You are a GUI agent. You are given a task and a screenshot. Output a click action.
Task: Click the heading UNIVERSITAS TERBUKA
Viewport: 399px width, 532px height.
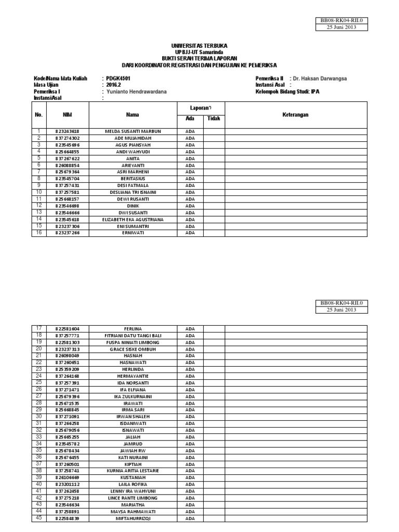(199, 46)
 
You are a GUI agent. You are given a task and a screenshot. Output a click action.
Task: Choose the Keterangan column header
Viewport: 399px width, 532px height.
(296, 115)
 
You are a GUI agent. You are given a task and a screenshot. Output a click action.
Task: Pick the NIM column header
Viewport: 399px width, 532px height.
(68, 115)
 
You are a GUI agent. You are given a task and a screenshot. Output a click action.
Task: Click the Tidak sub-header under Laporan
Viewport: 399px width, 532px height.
(214, 119)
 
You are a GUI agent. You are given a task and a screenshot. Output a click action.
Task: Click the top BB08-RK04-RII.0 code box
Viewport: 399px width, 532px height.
(342, 21)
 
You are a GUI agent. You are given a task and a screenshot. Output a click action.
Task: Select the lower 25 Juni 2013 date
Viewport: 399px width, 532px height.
(342, 310)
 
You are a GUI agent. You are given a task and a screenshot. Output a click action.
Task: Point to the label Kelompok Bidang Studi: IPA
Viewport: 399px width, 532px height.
(287, 91)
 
